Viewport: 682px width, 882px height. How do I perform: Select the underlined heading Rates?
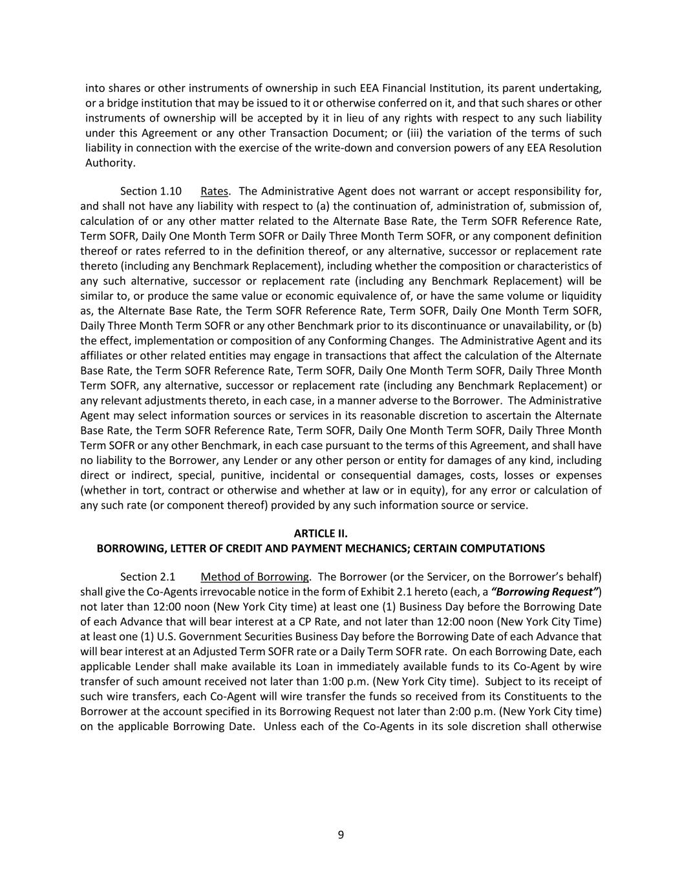214,191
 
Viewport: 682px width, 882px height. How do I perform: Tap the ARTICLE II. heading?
321,533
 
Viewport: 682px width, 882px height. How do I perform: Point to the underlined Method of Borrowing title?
255,576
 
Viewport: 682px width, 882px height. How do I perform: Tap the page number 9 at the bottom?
341,835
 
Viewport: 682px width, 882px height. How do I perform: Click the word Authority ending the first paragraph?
110,163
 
